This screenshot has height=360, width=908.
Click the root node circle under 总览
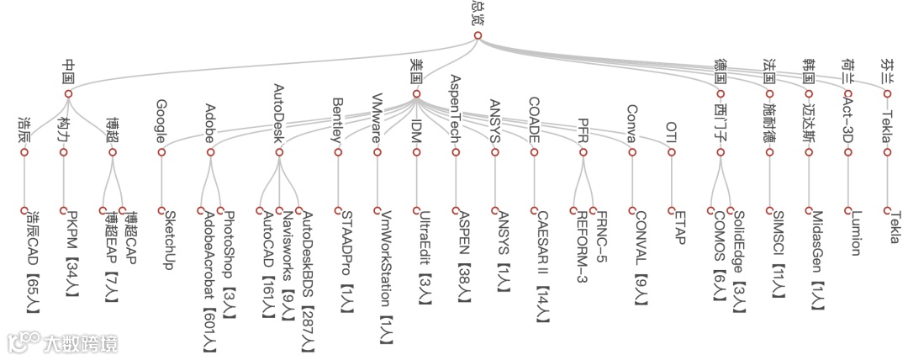(478, 35)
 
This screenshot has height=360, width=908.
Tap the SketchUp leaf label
(168, 239)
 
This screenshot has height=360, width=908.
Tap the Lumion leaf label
(856, 233)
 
